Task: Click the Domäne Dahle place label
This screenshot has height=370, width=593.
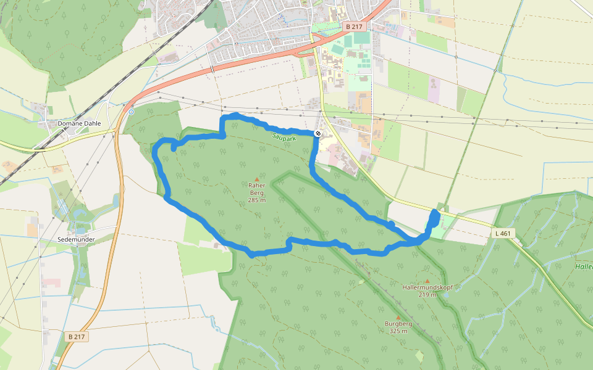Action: pos(78,123)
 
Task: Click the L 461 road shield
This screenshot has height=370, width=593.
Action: pos(504,234)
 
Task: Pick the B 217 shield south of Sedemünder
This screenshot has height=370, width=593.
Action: pos(77,336)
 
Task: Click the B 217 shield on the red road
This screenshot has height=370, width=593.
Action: pos(354,27)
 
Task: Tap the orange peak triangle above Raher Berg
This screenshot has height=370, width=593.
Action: pos(257,179)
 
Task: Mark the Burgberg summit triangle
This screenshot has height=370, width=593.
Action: pos(398,318)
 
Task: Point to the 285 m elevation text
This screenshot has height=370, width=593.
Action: pos(257,200)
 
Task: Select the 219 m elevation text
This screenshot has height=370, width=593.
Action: pos(427,295)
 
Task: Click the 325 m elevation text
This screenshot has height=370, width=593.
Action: pos(398,331)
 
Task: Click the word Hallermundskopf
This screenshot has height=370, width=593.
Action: pos(427,287)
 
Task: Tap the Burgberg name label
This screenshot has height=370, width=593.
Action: pos(398,324)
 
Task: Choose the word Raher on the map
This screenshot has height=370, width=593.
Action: pos(257,185)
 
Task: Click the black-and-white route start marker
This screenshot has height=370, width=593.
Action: pos(318,133)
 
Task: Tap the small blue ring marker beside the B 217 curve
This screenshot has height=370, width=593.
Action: pos(132,112)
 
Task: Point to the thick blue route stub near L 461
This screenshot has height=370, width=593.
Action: pos(434,220)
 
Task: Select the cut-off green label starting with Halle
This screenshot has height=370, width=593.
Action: pos(584,266)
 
